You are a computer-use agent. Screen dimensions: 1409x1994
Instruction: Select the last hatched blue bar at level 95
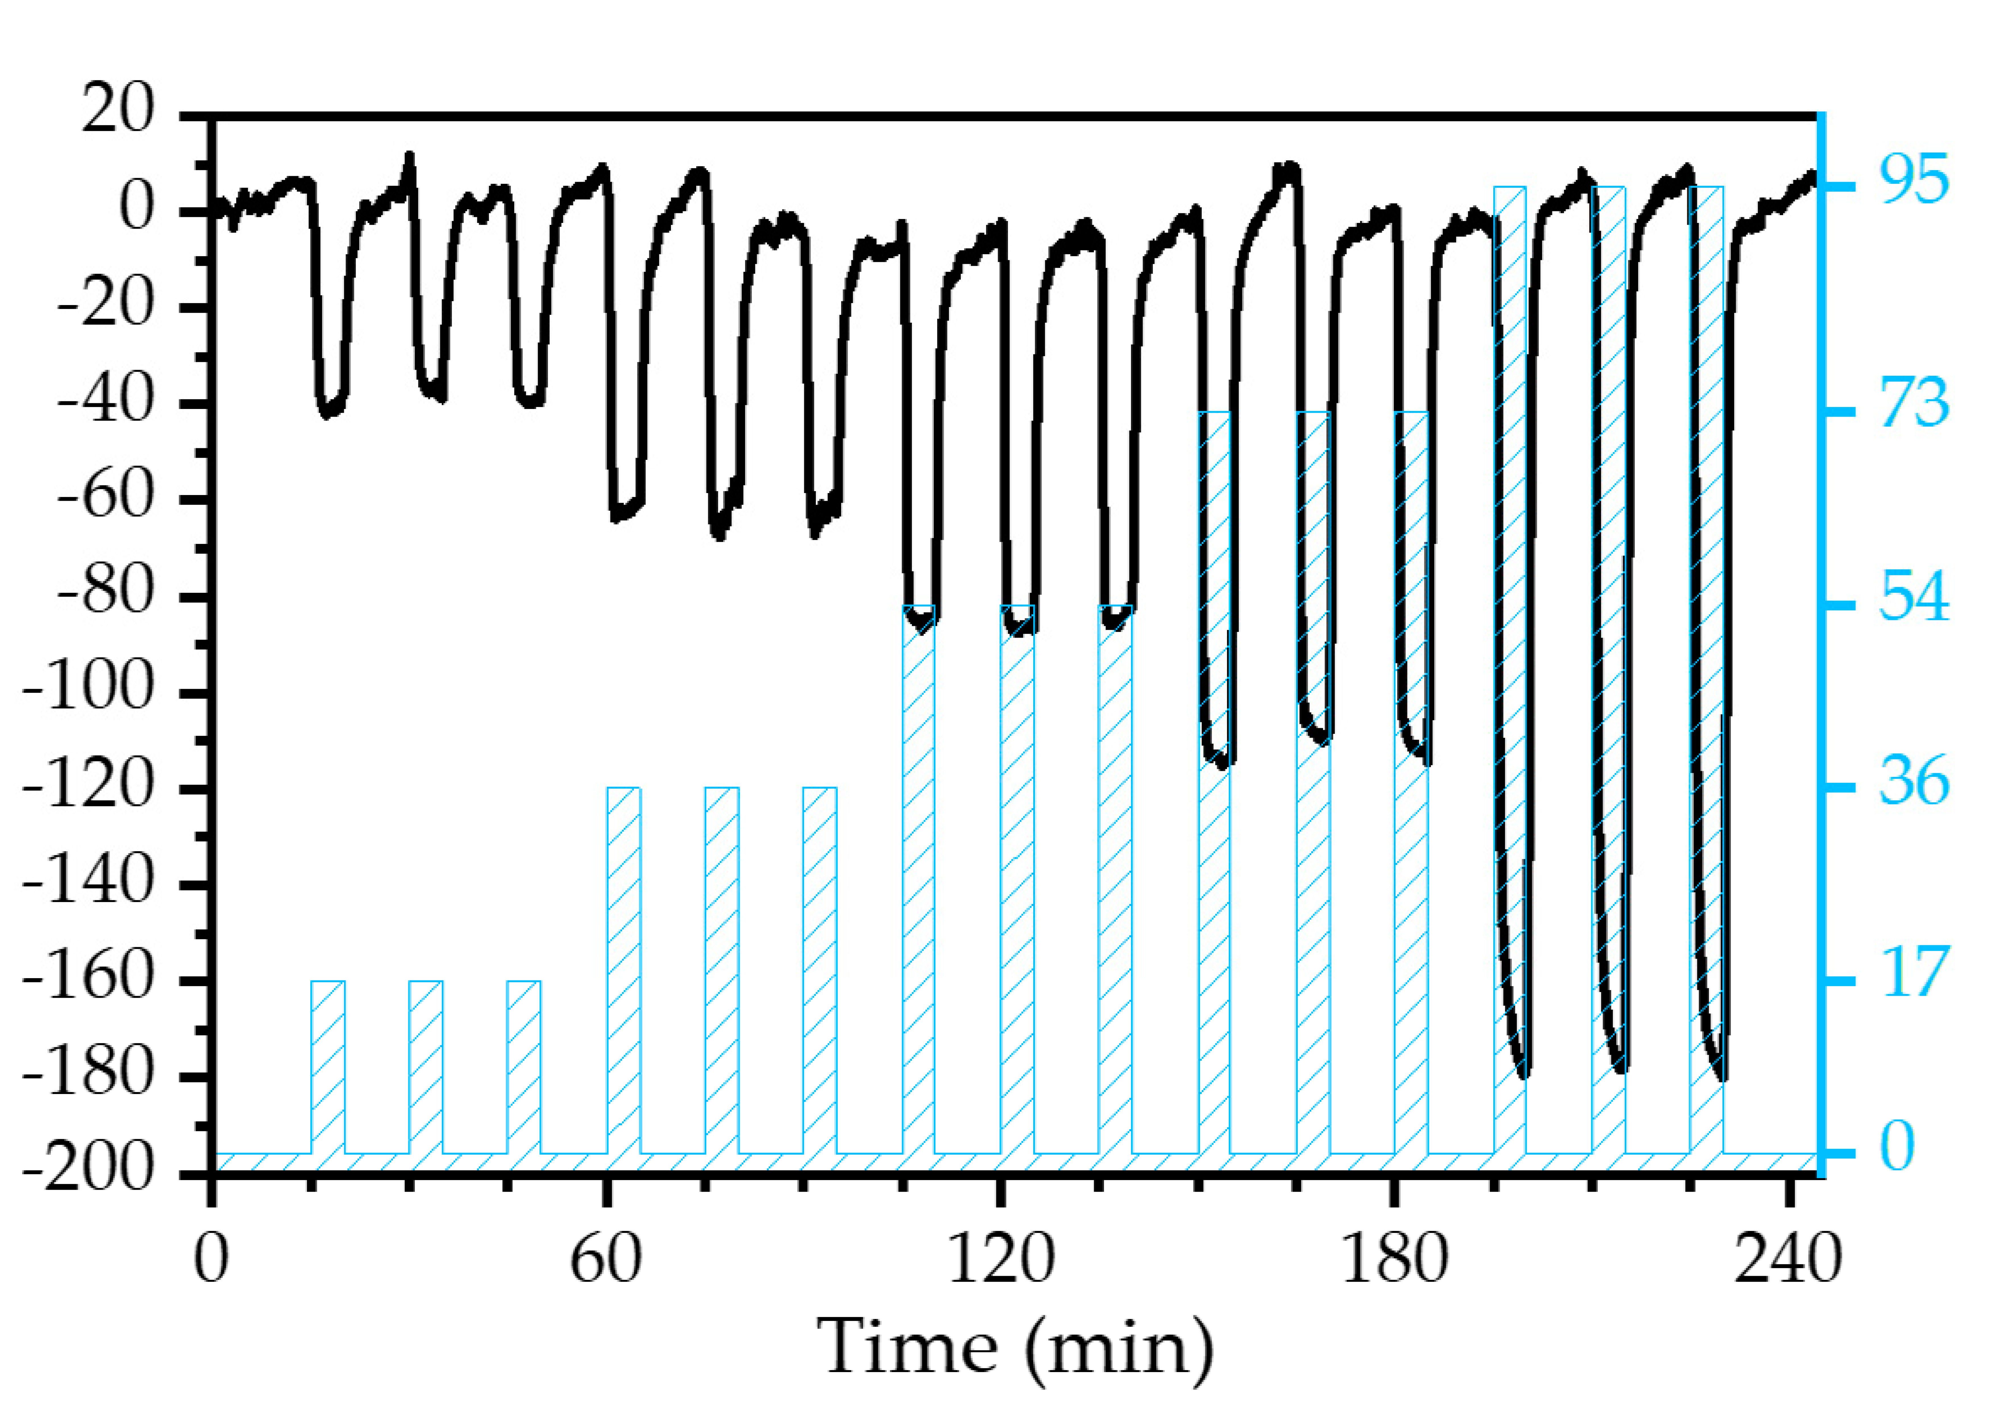[x=1706, y=669]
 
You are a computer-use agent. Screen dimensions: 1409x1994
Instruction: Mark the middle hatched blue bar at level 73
[x=1313, y=781]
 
